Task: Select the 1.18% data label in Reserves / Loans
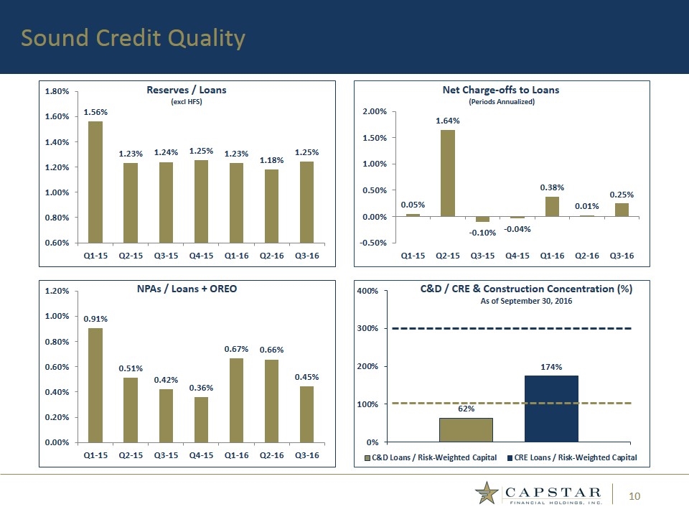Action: (x=271, y=161)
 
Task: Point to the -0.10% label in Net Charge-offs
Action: (x=483, y=233)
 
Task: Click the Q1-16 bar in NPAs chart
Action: (x=236, y=399)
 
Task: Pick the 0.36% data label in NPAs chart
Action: (x=201, y=388)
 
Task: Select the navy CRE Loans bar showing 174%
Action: (x=551, y=408)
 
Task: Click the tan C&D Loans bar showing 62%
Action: (x=466, y=429)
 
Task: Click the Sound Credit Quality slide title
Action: (x=132, y=38)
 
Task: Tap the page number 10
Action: (x=634, y=495)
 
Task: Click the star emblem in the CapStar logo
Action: (x=487, y=494)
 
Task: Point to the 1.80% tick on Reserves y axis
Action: (x=57, y=92)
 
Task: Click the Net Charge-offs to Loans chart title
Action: (x=501, y=90)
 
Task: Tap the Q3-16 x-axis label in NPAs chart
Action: (x=307, y=455)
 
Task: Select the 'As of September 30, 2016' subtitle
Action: (x=525, y=301)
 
